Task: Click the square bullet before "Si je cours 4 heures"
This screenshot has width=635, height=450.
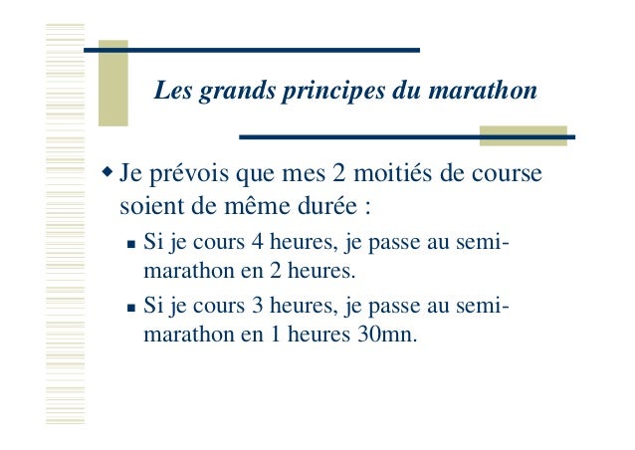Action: click(x=131, y=243)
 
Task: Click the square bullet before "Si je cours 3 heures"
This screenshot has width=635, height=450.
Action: click(x=131, y=309)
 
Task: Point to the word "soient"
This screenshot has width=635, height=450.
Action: click(x=146, y=209)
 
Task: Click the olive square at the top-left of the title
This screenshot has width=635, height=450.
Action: click(x=112, y=84)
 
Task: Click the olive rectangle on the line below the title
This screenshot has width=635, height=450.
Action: click(x=523, y=135)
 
